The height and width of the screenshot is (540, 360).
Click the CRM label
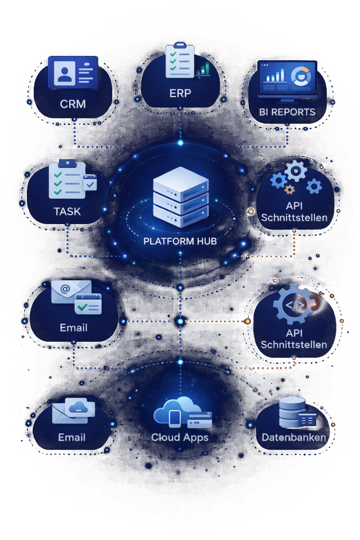(73, 104)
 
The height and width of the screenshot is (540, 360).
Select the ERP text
(180, 94)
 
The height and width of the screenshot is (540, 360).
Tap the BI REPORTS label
(287, 112)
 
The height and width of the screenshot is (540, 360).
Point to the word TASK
(67, 211)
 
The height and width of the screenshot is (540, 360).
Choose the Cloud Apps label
(180, 437)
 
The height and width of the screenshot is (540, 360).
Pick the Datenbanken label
(294, 437)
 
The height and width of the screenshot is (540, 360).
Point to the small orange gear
(289, 189)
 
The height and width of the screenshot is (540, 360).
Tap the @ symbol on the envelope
(65, 288)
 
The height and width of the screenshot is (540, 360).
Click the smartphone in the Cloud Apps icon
(176, 419)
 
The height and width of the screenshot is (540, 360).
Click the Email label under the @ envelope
(73, 327)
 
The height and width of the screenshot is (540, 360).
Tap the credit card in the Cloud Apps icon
(199, 420)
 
